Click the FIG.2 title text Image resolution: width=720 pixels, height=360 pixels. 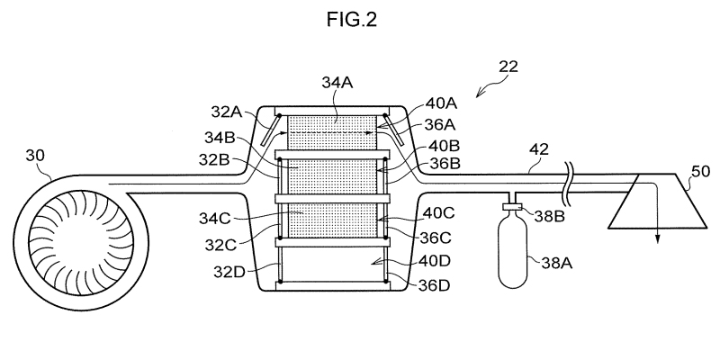[x=352, y=19]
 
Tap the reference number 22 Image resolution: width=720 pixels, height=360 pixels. [x=508, y=67]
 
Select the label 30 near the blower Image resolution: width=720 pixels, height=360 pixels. [x=35, y=156]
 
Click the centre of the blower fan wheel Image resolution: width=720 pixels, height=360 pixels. [x=81, y=242]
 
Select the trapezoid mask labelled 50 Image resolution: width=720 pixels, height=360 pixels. [x=657, y=201]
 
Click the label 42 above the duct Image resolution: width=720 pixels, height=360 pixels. [x=539, y=149]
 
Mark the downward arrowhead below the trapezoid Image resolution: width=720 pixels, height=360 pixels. [x=658, y=238]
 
